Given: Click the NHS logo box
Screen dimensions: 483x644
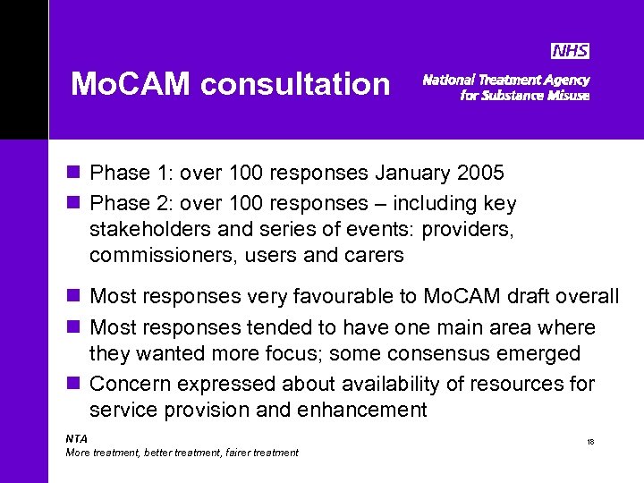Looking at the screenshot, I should pos(570,52).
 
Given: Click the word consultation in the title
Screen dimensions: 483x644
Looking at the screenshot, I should pos(295,85).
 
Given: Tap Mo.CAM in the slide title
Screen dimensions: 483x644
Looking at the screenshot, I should pos(132,85).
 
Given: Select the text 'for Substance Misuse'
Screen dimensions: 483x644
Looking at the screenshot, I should pos(524,96).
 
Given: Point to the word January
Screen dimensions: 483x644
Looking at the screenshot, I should pos(413,173).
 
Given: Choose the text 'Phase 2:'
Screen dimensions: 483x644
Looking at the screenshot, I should pos(125,204).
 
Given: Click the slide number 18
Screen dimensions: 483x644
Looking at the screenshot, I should pos(590,442).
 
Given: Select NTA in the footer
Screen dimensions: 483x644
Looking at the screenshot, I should pos(77,438).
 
